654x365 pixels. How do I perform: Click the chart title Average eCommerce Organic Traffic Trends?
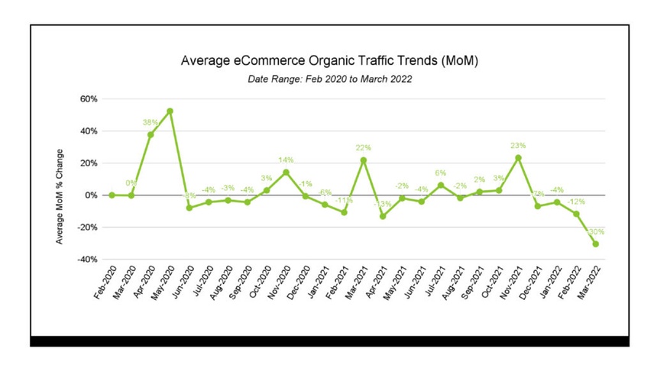pyautogui.click(x=329, y=60)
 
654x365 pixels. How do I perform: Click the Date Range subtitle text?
pyautogui.click(x=330, y=79)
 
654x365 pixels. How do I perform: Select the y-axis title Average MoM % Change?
pyautogui.click(x=60, y=196)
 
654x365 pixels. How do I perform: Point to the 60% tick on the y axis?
pyautogui.click(x=89, y=99)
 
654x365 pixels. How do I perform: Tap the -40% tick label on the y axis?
pyautogui.click(x=87, y=260)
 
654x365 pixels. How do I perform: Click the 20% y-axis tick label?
pyautogui.click(x=89, y=163)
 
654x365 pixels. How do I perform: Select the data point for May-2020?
pyautogui.click(x=170, y=111)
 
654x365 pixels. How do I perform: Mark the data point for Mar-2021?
pyautogui.click(x=364, y=160)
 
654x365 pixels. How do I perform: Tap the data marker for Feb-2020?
pyautogui.click(x=112, y=195)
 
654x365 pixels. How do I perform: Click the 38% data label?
pyautogui.click(x=150, y=122)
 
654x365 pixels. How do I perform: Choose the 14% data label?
pyautogui.click(x=286, y=160)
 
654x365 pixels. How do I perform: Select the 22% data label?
pyautogui.click(x=363, y=148)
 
